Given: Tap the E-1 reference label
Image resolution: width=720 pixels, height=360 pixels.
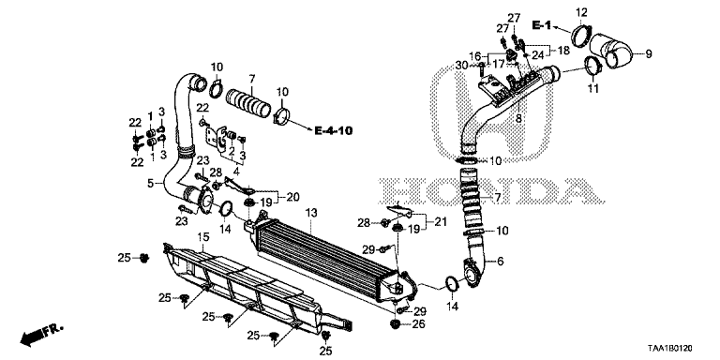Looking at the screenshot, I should (542, 23).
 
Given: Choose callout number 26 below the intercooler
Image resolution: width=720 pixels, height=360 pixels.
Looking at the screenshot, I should (419, 323).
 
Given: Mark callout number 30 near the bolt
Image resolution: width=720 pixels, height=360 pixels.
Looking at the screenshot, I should (460, 65).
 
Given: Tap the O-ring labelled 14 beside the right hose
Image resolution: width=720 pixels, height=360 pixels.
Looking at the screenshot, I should (450, 283).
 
